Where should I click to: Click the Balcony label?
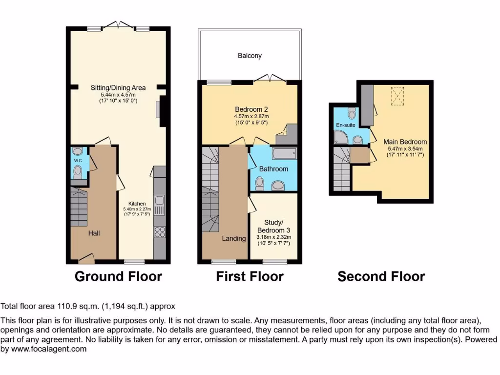coord(250,56)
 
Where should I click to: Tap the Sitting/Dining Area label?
coord(118,88)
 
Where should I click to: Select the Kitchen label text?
coord(137,204)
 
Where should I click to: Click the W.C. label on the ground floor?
coord(78,160)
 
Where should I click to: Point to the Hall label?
coord(94,233)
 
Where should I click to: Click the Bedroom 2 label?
coord(251,109)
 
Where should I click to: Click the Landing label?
coord(234,238)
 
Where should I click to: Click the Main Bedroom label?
coord(405,142)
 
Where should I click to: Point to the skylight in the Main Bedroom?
coord(398,96)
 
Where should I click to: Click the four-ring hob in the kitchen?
coord(160,232)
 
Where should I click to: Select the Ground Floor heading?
coord(118,277)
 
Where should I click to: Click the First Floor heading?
coord(250,277)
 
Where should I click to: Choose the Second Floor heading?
coord(381,277)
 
